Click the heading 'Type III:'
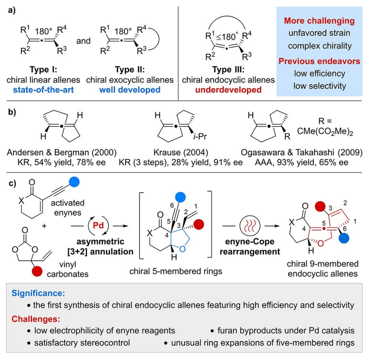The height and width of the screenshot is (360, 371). [x=228, y=70]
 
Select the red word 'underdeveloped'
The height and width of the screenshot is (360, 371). [x=228, y=90]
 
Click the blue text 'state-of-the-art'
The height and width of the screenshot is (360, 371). [x=44, y=90]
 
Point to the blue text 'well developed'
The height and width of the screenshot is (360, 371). [x=130, y=90]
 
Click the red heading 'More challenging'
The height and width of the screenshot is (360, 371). [x=319, y=21]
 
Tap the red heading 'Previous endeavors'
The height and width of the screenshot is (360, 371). [x=319, y=61]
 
